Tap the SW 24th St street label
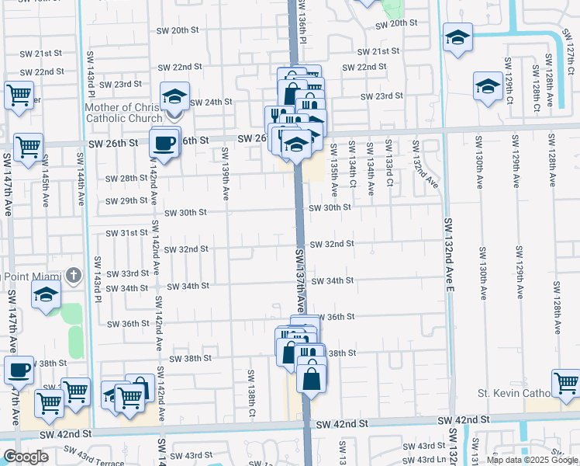211,102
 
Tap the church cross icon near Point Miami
73,274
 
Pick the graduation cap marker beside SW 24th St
175,96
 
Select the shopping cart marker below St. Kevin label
566,382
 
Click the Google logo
26,456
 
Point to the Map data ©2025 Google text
531,460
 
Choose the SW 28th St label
126,178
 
